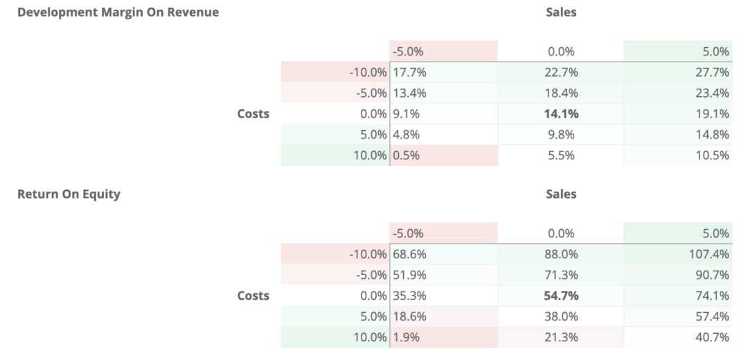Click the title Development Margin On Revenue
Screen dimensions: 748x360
pos(118,12)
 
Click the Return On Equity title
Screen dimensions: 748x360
pos(69,194)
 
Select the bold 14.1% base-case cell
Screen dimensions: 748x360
pos(561,114)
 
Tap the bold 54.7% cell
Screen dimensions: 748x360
pos(561,296)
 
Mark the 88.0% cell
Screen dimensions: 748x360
pos(561,254)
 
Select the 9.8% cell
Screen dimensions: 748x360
pos(561,134)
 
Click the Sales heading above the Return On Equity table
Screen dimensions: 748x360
pos(561,194)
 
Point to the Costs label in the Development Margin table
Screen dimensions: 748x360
pos(253,114)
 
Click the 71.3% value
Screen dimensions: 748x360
pos(561,275)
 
